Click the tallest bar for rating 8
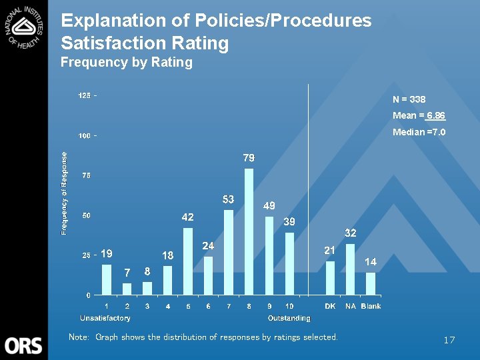tap(249, 231)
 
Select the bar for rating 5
tap(188, 261)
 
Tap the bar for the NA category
tap(350, 269)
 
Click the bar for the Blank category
tap(371, 283)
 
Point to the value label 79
tap(249, 158)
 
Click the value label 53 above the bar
tap(228, 199)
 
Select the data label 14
tap(371, 262)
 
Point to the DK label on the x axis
tap(330, 306)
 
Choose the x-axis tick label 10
tap(289, 306)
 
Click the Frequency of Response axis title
tap(65, 193)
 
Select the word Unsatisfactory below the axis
tap(105, 318)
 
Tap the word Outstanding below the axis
tap(289, 318)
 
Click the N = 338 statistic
tap(409, 99)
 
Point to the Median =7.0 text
tap(419, 132)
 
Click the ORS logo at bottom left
tap(23, 345)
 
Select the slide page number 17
tap(449, 341)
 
